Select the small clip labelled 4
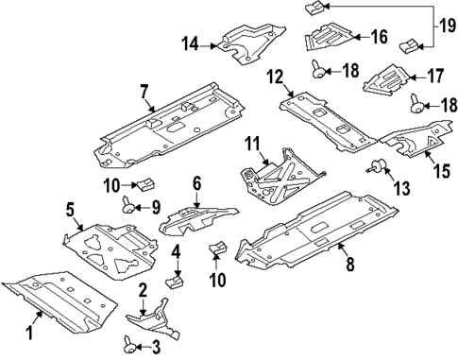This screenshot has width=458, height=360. tap(175, 281)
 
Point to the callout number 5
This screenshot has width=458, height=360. tap(70, 211)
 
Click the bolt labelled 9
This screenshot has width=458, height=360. tap(128, 205)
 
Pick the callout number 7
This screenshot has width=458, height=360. tap(144, 91)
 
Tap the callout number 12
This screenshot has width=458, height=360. tap(275, 76)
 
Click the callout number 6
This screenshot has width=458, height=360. tap(197, 183)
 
